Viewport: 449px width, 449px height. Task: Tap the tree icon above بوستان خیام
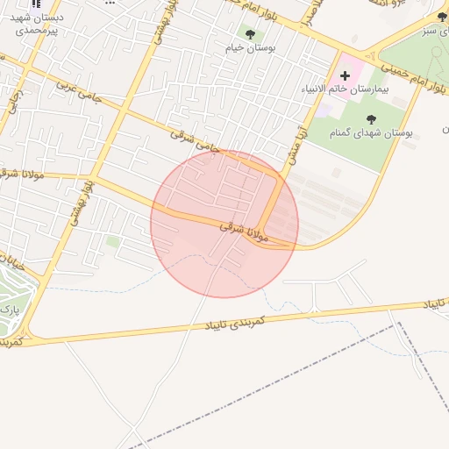250,34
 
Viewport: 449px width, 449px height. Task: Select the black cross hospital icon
345,76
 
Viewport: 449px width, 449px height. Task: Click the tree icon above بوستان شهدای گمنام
370,119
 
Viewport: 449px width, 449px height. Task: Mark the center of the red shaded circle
224,224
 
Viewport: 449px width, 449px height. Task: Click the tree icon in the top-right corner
441,17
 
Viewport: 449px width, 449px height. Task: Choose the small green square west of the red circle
112,241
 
